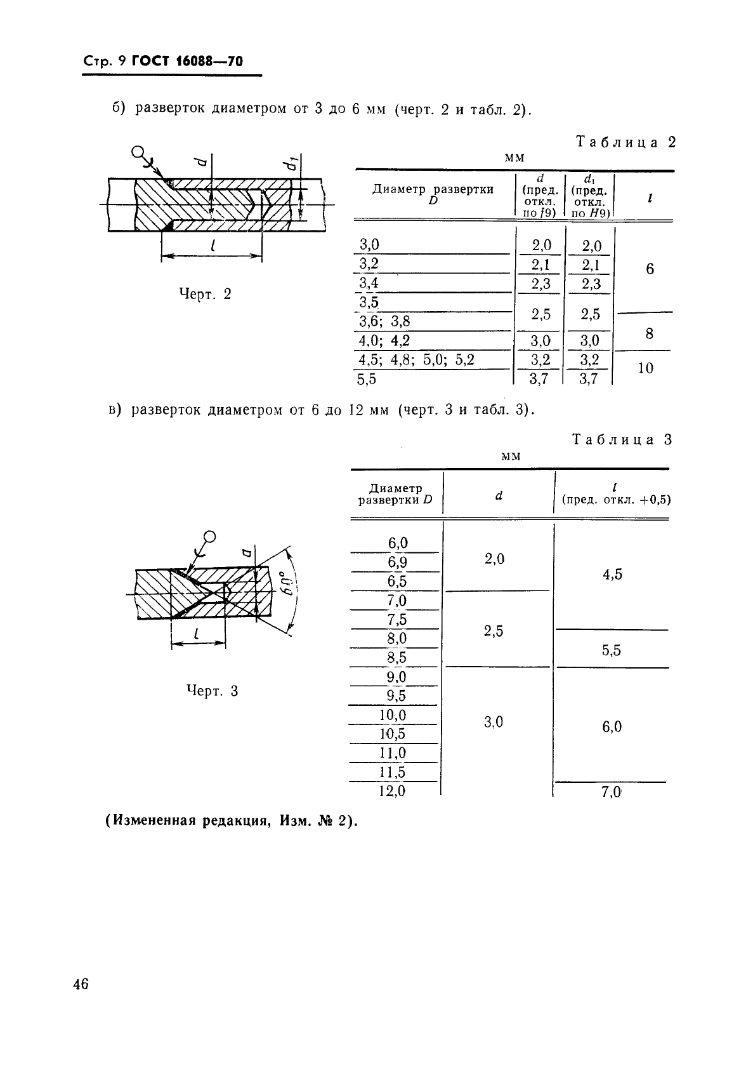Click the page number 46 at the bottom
(81, 985)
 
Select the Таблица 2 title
(625, 142)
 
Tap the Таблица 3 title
(622, 439)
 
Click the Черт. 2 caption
(205, 294)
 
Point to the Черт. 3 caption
(212, 691)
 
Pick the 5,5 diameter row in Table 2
(367, 380)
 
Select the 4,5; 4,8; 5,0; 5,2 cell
(416, 360)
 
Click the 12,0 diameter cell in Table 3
(392, 791)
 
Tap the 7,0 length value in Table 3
(611, 792)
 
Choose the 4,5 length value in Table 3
(612, 575)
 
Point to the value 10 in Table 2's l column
(645, 368)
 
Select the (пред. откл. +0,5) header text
(616, 500)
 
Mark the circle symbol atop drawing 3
(210, 536)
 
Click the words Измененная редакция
(185, 821)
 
